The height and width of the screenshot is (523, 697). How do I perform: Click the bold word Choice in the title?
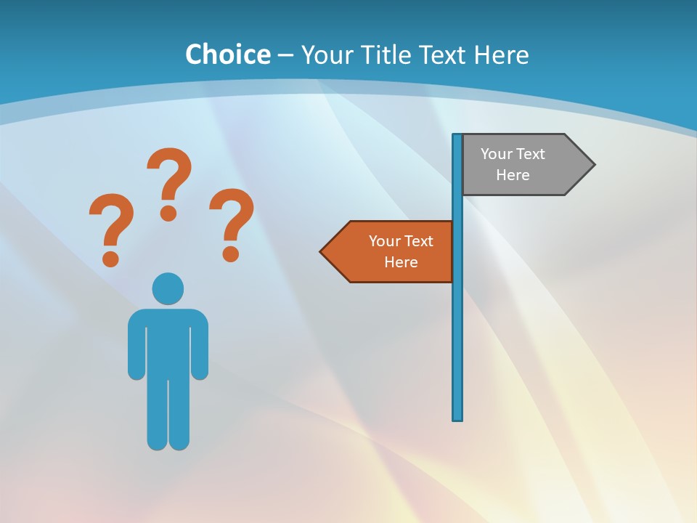tap(227, 54)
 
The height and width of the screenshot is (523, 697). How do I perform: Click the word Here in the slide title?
tap(501, 54)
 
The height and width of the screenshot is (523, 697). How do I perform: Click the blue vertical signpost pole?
tap(457, 327)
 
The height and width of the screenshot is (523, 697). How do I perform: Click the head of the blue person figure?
tap(168, 288)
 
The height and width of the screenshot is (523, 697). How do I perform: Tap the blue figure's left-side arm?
tap(136, 345)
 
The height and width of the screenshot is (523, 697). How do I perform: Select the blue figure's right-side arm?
tap(200, 345)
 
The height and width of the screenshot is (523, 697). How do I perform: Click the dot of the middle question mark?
tap(168, 213)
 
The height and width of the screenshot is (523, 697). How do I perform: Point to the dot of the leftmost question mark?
tap(110, 257)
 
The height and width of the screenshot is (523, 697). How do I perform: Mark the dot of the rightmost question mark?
tap(231, 254)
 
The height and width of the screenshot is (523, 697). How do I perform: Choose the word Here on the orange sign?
tap(401, 262)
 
